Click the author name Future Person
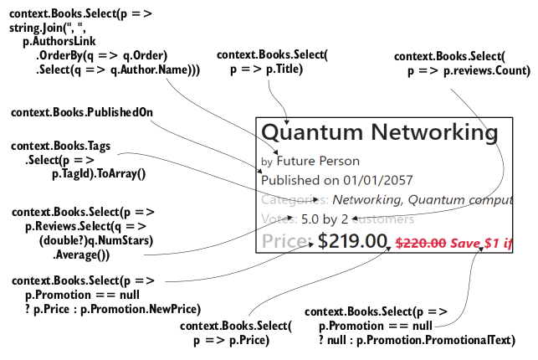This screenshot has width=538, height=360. point(318,161)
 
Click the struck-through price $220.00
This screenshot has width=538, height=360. point(420,244)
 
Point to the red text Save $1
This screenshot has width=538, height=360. point(476,244)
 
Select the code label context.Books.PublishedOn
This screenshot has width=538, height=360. point(81,112)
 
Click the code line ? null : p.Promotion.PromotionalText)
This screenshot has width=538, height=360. point(417,340)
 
